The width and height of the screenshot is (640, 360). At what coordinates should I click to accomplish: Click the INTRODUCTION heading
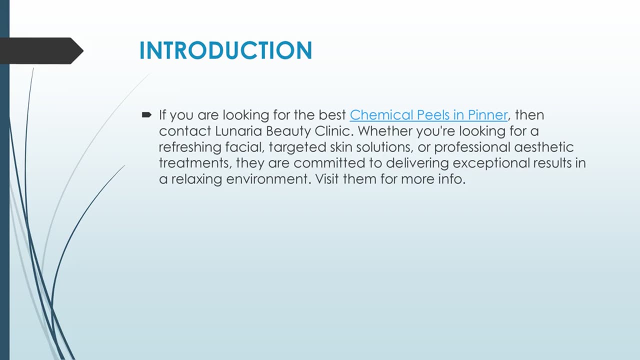pyautogui.click(x=225, y=51)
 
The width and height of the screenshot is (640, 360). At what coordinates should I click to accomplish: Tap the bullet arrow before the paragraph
pyautogui.click(x=146, y=115)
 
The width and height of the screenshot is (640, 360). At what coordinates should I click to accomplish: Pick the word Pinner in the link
pyautogui.click(x=487, y=115)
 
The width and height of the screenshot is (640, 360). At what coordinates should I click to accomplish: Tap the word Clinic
pyautogui.click(x=335, y=131)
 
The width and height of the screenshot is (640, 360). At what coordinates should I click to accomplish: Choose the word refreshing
pyautogui.click(x=190, y=147)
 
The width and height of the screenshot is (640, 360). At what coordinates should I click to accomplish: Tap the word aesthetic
pyautogui.click(x=546, y=147)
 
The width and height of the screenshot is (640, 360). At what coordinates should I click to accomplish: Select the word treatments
pyautogui.click(x=195, y=163)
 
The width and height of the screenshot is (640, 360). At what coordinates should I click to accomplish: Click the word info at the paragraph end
pyautogui.click(x=451, y=179)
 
